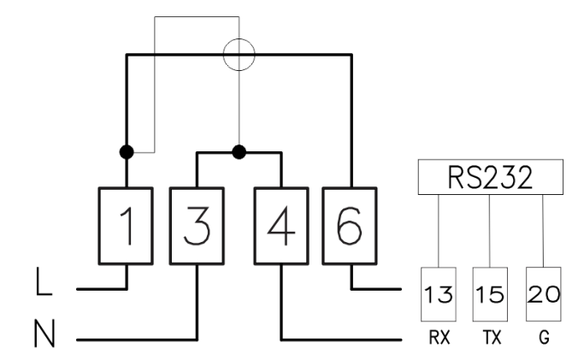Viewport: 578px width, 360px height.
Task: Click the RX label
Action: pyautogui.click(x=439, y=337)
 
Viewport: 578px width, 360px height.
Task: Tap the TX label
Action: pyautogui.click(x=492, y=337)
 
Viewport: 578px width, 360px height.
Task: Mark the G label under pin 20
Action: pyautogui.click(x=544, y=337)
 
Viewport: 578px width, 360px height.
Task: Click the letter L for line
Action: pyautogui.click(x=44, y=281)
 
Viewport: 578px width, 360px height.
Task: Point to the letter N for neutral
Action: pyautogui.click(x=44, y=333)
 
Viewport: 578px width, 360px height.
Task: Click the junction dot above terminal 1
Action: pyautogui.click(x=127, y=152)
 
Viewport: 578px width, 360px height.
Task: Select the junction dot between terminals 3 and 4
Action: pyautogui.click(x=239, y=152)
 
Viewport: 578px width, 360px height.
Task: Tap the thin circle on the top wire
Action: pyautogui.click(x=239, y=38)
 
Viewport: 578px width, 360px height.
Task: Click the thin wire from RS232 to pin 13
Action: pyautogui.click(x=439, y=231)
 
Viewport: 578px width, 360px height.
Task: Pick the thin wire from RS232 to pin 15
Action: pyautogui.click(x=490, y=231)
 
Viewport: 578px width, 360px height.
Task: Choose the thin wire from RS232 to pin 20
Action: pyautogui.click(x=543, y=231)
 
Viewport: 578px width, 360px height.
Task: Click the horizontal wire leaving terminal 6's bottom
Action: pyautogui.click(x=376, y=289)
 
